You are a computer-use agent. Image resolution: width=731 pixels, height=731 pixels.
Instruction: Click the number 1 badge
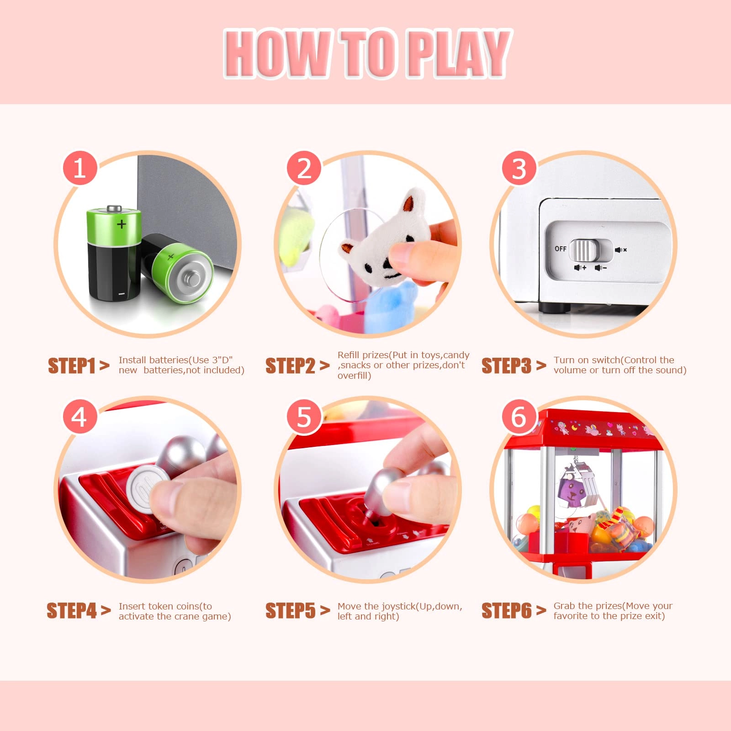tap(79, 168)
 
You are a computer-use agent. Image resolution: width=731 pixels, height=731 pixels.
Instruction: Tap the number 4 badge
tap(79, 417)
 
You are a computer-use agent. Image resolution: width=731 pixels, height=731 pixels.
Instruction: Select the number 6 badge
tap(519, 417)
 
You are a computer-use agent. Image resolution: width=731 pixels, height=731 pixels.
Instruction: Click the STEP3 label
tap(507, 365)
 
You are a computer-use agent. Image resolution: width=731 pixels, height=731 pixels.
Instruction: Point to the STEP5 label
tap(291, 611)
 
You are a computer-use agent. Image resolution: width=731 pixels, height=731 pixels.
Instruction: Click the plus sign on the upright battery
tap(121, 224)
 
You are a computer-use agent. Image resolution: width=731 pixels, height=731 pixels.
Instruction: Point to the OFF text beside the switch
tap(561, 249)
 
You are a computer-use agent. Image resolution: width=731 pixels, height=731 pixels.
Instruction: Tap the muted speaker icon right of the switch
tap(620, 250)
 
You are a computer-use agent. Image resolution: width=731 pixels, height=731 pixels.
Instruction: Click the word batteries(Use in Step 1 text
tap(176, 360)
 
